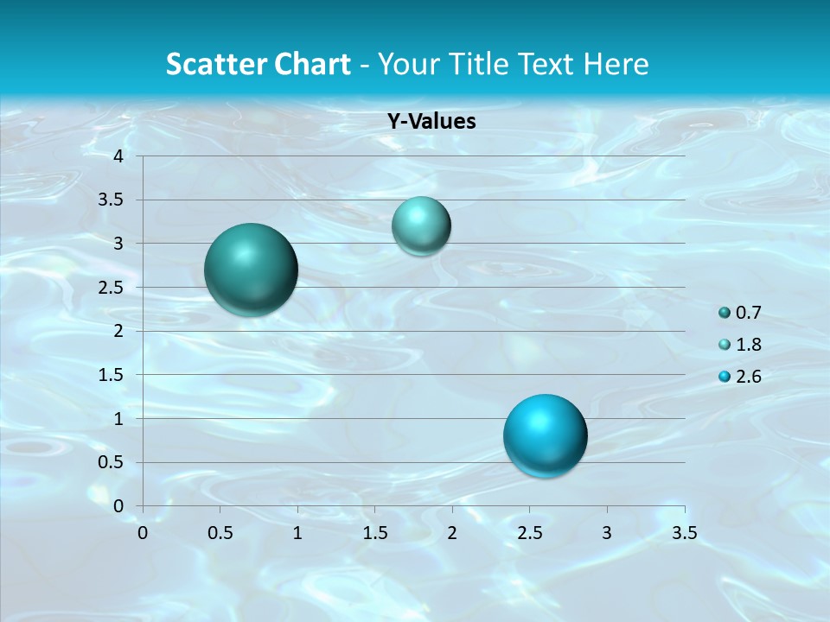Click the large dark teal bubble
pos(251,270)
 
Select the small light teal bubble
pos(421,225)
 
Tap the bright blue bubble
pos(545,435)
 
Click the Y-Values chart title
pos(431,121)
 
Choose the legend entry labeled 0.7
pos(739,313)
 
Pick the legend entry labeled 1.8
pos(739,345)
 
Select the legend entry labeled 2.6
pos(739,376)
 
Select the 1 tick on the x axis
pos(297,533)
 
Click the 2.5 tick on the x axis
pos(529,533)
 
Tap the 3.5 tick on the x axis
pos(684,533)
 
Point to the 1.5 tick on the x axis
pos(374,533)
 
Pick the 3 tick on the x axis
pos(607,533)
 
